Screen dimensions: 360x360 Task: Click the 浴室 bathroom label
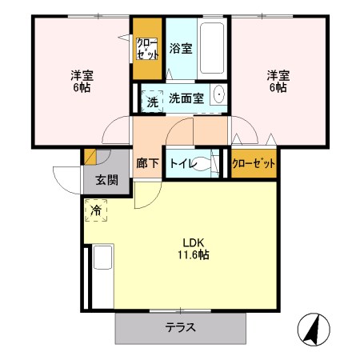[x=181, y=49]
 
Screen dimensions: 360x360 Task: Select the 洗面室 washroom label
[x=186, y=98]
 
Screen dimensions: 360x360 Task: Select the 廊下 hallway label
[x=147, y=163]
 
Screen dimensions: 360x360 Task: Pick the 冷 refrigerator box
[x=96, y=211]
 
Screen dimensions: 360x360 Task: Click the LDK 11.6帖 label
[x=194, y=249]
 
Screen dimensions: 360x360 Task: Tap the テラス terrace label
[x=181, y=327]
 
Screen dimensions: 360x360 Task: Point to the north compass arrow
[x=313, y=329]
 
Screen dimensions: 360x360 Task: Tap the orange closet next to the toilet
[x=254, y=162]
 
